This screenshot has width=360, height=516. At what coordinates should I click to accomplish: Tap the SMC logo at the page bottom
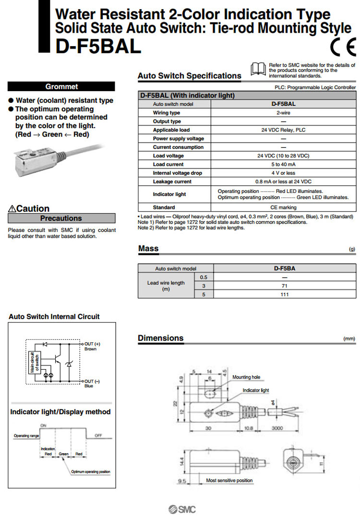[182, 510]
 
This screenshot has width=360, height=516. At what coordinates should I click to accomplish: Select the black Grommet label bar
[61, 87]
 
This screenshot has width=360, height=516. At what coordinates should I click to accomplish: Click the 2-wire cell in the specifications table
[283, 113]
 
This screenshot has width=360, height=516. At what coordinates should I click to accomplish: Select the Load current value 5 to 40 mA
[283, 165]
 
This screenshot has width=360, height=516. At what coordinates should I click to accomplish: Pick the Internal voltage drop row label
[178, 173]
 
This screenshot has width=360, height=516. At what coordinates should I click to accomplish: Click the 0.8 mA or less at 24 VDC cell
[283, 182]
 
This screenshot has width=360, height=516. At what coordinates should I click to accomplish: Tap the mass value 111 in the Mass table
[284, 295]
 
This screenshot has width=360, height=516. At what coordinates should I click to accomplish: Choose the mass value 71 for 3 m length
[284, 286]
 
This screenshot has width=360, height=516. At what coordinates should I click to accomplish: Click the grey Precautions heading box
[61, 218]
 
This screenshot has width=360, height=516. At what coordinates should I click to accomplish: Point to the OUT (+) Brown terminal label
[92, 347]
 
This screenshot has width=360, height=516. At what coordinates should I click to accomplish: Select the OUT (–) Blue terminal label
[91, 383]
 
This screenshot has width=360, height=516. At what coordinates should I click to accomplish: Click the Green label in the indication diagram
[64, 454]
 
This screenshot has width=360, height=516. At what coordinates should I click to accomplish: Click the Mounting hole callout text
[246, 377]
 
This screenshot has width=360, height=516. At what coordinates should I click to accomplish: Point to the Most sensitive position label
[229, 480]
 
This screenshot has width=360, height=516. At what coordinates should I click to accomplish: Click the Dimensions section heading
[161, 338]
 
